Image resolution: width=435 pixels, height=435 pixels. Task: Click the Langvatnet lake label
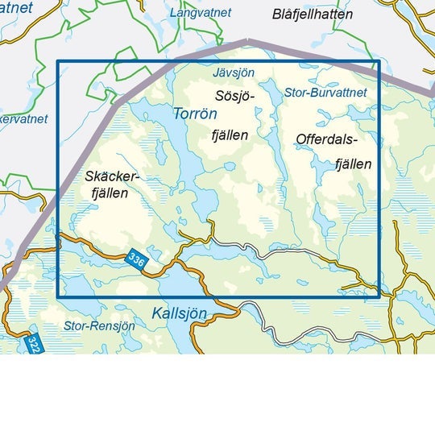click(201, 13)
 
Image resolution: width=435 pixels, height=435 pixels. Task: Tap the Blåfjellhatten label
click(313, 14)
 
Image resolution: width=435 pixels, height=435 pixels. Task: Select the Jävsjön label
click(233, 72)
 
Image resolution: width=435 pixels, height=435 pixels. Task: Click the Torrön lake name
click(194, 114)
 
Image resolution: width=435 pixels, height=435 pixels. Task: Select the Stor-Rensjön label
click(94, 326)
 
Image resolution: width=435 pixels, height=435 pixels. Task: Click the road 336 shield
click(136, 259)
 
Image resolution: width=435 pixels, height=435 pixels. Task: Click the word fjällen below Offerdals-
click(353, 164)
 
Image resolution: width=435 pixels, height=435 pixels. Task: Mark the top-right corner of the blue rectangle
click(379, 61)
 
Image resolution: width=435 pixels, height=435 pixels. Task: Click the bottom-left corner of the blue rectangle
click(58, 297)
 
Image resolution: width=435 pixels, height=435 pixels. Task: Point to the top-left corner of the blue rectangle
click(58, 61)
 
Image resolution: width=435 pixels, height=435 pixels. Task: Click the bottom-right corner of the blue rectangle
click(379, 297)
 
